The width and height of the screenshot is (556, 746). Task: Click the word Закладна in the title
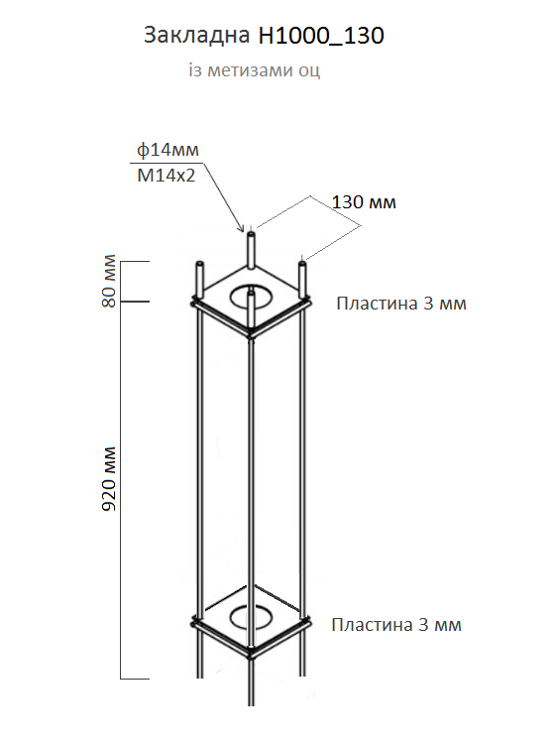[197, 35]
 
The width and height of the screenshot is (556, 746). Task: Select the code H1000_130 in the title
[321, 36]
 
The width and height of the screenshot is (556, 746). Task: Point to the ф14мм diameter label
[167, 150]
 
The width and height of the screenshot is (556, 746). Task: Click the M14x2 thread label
[167, 176]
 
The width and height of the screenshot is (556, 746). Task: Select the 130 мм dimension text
[364, 202]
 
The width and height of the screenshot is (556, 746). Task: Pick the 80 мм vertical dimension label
[109, 281]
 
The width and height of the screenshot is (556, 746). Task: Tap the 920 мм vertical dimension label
[109, 478]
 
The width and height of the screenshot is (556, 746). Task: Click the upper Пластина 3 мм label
[401, 304]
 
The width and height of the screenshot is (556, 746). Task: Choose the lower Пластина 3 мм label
[396, 625]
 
